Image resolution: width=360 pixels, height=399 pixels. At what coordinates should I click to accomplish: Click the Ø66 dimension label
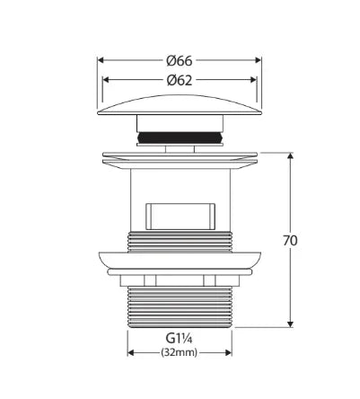coord(180,61)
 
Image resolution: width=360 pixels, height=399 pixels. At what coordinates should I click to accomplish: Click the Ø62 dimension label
coord(180,80)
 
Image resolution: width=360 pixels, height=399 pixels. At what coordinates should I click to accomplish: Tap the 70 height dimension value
coord(290,241)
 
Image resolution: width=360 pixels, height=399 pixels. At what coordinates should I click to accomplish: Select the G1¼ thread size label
coord(179,339)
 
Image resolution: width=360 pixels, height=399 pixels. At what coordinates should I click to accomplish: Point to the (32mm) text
coord(180,352)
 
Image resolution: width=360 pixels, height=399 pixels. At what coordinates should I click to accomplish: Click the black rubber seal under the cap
coord(180,137)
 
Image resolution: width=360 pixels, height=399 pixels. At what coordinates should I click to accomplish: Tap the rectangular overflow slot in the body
coord(180,217)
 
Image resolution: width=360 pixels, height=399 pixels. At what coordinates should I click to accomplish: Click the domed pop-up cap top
coord(180,105)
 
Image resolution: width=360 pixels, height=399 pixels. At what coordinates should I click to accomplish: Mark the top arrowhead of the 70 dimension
coord(290,155)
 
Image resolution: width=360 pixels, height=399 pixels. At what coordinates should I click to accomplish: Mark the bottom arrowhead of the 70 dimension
coord(290,324)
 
